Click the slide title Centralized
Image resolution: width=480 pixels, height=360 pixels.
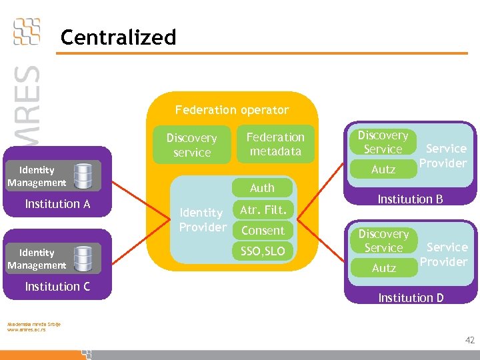click(x=118, y=37)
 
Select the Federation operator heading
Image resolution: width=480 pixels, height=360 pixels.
click(x=231, y=110)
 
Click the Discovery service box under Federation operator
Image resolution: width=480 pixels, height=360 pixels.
click(x=191, y=145)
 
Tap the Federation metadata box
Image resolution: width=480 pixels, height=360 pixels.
click(x=275, y=144)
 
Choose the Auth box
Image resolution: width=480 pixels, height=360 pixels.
click(x=262, y=188)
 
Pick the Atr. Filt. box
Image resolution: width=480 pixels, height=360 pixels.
click(x=263, y=210)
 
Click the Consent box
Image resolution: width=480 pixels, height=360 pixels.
click(x=263, y=231)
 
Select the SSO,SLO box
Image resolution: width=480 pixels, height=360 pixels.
click(x=263, y=251)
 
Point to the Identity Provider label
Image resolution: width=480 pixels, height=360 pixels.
click(x=203, y=220)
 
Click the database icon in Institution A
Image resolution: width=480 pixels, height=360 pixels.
click(x=83, y=176)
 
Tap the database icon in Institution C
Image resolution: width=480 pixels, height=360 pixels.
click(x=83, y=259)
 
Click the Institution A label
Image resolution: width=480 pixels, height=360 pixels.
click(x=57, y=204)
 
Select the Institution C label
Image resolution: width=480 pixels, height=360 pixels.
click(x=57, y=287)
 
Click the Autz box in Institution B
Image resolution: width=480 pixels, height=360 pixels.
click(x=383, y=169)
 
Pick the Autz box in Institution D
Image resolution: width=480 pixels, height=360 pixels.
click(x=383, y=268)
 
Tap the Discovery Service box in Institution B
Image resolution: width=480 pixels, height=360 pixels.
click(x=383, y=142)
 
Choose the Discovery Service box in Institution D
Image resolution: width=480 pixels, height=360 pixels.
click(x=383, y=241)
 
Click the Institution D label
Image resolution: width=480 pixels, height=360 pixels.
click(x=411, y=298)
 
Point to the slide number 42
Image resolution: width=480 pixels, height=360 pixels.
click(x=469, y=341)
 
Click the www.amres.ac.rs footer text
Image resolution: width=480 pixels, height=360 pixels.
click(x=26, y=330)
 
